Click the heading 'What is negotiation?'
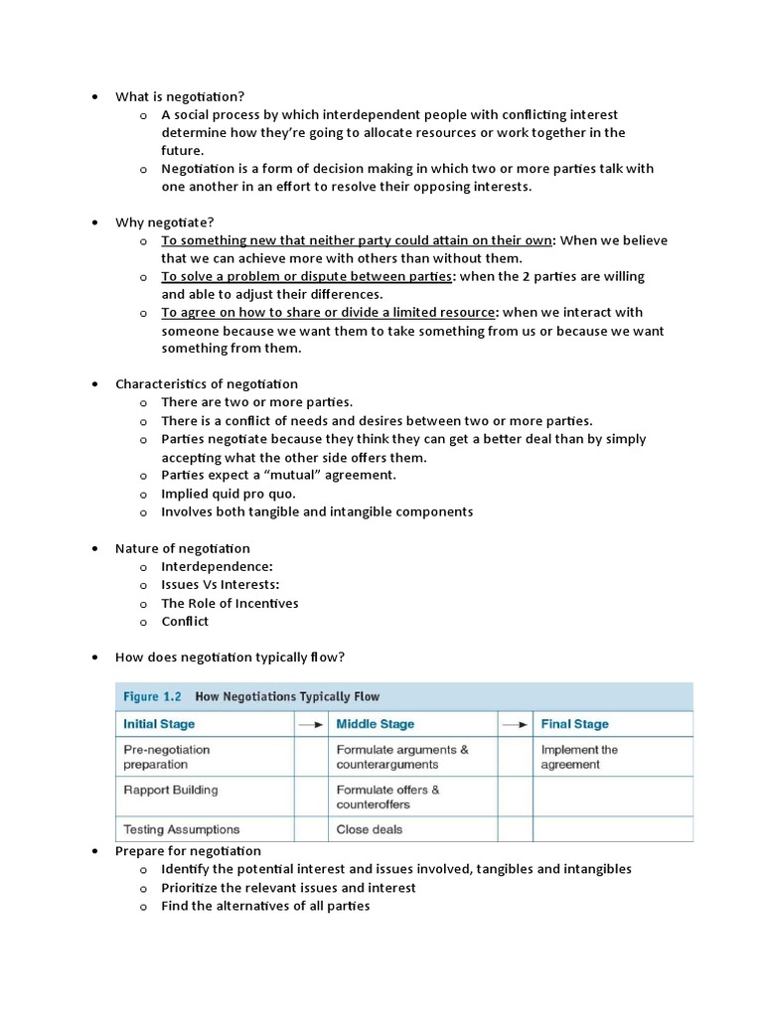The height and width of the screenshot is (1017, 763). click(179, 96)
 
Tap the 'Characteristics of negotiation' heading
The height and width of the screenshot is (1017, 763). click(207, 383)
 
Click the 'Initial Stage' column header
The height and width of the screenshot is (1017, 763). click(159, 724)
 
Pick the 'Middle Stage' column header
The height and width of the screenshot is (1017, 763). click(376, 724)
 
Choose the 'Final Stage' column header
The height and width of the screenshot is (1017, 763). click(574, 724)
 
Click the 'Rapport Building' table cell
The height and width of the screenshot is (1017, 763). click(170, 790)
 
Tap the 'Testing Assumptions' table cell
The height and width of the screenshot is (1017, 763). click(181, 828)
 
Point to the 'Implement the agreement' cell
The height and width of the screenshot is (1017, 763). click(579, 757)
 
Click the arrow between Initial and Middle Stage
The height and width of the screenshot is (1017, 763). click(311, 724)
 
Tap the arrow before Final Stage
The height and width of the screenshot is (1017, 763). click(516, 724)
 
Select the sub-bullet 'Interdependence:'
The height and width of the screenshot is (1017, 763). click(217, 566)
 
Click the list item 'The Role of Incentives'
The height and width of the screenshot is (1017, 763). click(229, 603)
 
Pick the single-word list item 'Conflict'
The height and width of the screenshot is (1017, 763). click(185, 622)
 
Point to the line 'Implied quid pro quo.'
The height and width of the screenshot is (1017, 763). click(229, 494)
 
